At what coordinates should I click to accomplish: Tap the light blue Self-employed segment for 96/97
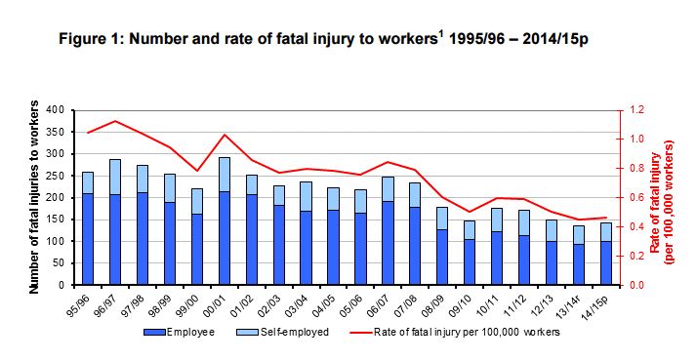116,177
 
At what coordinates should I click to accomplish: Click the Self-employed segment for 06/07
388,189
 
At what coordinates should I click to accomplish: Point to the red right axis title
674,197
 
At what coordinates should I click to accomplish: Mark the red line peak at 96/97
116,121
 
